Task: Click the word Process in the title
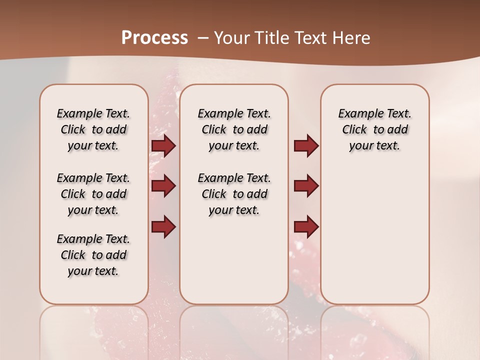pyautogui.click(x=154, y=38)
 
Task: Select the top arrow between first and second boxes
pyautogui.click(x=163, y=145)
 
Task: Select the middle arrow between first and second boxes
pyautogui.click(x=163, y=186)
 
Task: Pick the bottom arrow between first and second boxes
pyautogui.click(x=163, y=227)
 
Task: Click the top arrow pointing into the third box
pyautogui.click(x=306, y=145)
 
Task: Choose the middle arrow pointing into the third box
pyautogui.click(x=306, y=186)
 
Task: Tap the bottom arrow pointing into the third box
pyautogui.click(x=306, y=227)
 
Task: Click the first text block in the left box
pyautogui.click(x=93, y=129)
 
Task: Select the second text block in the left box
pyautogui.click(x=93, y=194)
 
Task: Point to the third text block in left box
pyautogui.click(x=93, y=255)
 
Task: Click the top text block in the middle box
pyautogui.click(x=234, y=129)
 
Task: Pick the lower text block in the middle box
pyautogui.click(x=234, y=194)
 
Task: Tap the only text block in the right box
pyautogui.click(x=375, y=129)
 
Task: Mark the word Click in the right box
pyautogui.click(x=354, y=130)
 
